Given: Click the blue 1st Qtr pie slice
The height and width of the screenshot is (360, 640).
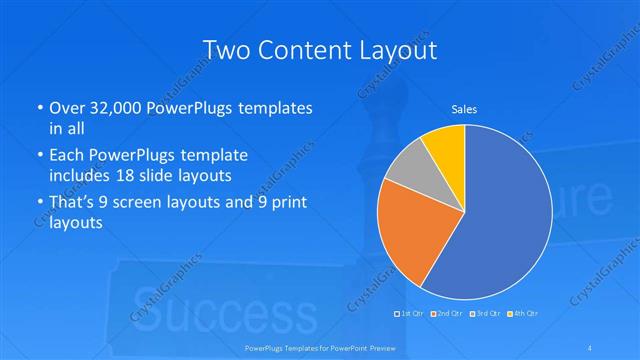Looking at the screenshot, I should point(500,220).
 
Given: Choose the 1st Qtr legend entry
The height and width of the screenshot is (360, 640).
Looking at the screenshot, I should point(410,314).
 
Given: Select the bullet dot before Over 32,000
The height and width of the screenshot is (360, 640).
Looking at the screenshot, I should point(39,109).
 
